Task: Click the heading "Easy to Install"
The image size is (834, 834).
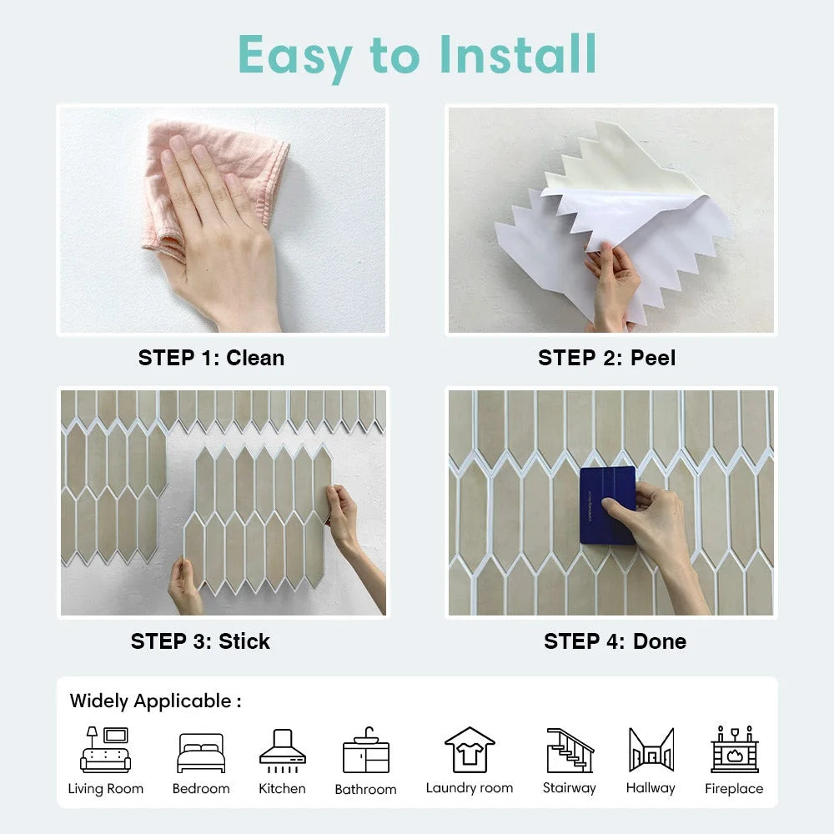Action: tap(417, 55)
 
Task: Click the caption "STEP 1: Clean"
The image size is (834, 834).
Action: tap(211, 358)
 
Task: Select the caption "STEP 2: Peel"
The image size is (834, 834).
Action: tap(606, 358)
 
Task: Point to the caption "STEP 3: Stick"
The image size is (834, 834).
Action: tap(200, 641)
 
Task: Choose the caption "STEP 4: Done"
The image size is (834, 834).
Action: tap(615, 641)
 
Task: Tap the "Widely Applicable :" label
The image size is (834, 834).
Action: tap(155, 701)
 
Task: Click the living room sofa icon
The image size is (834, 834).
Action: tap(105, 750)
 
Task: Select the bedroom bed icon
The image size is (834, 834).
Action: tap(201, 753)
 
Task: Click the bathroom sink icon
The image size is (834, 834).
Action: tap(365, 751)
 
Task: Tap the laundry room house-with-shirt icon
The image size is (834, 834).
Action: tap(470, 750)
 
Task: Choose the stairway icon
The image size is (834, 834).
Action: tap(570, 750)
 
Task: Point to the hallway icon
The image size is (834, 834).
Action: tap(651, 750)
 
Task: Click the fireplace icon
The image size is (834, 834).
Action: tap(734, 750)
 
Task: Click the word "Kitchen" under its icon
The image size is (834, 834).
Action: tap(282, 788)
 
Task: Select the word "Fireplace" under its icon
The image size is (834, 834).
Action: tap(734, 789)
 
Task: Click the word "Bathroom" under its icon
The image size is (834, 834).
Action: tap(365, 789)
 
